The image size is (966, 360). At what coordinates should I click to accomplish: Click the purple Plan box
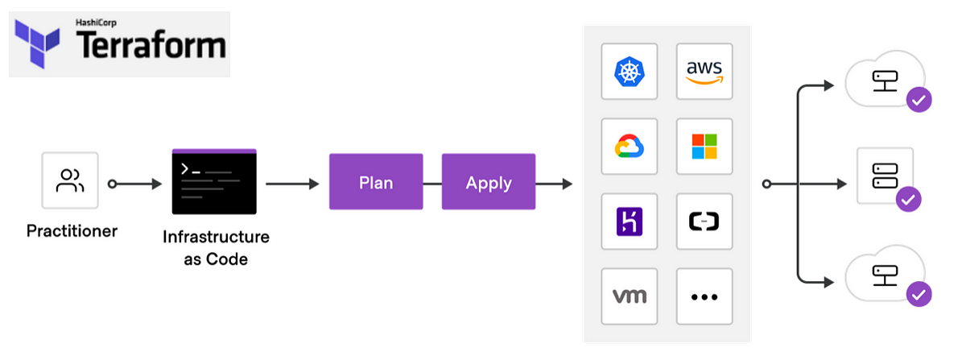click(376, 182)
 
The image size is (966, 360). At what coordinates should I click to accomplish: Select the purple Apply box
click(489, 182)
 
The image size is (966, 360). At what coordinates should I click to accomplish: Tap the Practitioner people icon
click(70, 180)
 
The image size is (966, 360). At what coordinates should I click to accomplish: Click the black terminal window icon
click(213, 181)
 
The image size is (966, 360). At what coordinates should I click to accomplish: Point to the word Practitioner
click(72, 231)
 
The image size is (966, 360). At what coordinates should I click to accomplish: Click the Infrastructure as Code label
click(216, 248)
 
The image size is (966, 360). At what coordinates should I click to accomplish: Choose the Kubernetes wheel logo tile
click(630, 72)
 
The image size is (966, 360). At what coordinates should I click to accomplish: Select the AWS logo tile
click(704, 72)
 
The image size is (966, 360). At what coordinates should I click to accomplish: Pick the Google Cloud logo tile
click(630, 147)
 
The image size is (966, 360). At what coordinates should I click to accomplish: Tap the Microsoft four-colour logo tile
click(704, 147)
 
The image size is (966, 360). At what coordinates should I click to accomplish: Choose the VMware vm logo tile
click(630, 296)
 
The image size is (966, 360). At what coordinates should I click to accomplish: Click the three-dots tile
click(704, 296)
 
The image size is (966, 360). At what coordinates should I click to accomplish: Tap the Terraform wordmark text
click(151, 47)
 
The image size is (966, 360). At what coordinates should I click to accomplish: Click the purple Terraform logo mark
click(39, 43)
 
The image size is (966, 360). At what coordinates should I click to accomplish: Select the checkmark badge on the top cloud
click(919, 101)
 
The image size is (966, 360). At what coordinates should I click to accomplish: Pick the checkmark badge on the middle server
click(909, 198)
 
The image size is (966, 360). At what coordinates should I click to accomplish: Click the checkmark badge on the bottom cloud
click(919, 294)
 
